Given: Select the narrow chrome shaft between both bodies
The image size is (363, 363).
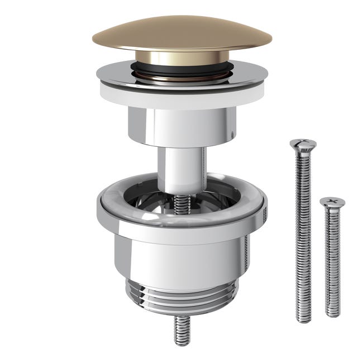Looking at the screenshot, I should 181,168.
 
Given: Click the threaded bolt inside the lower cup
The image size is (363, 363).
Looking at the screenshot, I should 181,203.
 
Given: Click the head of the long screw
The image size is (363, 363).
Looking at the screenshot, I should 303,144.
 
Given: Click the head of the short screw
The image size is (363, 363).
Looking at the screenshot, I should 332,202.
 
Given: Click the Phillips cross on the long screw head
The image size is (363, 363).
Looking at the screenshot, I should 303,142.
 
